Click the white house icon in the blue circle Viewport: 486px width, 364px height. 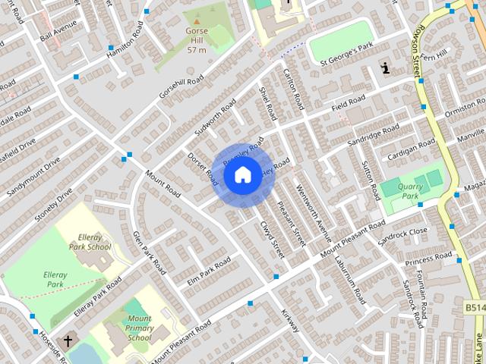coord(242,175)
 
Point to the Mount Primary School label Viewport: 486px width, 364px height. coord(139,328)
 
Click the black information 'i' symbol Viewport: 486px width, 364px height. coord(387,69)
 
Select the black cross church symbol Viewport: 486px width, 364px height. coord(68,340)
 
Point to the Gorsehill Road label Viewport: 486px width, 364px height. coord(181,90)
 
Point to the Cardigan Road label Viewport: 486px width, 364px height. coord(412,147)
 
